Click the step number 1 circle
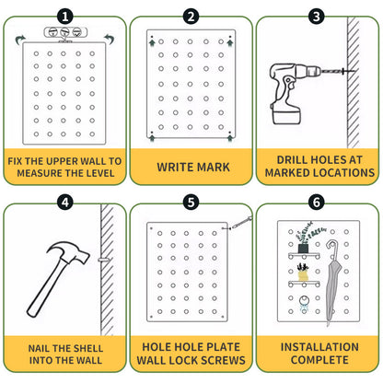(64, 16)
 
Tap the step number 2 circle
(191, 16)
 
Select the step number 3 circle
(317, 16)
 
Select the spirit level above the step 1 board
(64, 34)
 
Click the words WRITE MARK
(191, 167)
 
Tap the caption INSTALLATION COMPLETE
(317, 354)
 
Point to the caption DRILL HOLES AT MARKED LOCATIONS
(317, 166)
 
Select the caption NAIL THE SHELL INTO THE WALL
(64, 354)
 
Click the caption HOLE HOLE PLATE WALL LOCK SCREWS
(191, 354)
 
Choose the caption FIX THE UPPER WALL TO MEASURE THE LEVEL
(64, 166)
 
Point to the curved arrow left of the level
(21, 40)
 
